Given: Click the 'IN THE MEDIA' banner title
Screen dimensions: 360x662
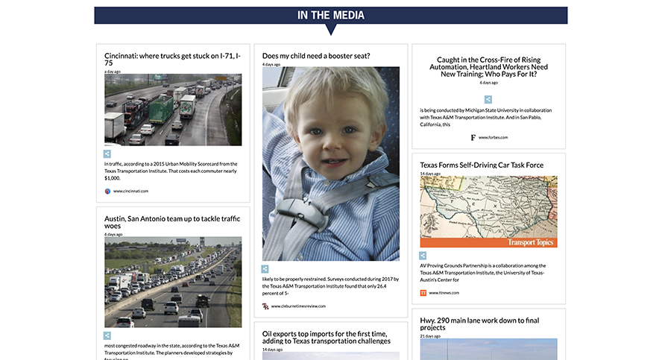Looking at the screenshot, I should [330, 15].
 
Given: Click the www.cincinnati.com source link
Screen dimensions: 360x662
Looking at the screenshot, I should [130, 192].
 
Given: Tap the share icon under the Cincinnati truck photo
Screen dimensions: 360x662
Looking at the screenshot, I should [107, 154].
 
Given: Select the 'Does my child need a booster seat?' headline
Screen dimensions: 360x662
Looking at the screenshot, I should [316, 56].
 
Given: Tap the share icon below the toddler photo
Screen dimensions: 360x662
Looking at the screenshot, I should [265, 268].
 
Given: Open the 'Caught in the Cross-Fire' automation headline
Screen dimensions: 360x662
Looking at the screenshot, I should [488, 67].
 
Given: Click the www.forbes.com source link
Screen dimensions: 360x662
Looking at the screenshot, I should [493, 138].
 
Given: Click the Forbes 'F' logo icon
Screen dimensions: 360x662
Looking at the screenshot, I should [473, 138].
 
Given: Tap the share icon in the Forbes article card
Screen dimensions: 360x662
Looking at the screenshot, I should [488, 99].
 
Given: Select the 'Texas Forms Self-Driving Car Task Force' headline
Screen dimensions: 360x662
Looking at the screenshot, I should [482, 165].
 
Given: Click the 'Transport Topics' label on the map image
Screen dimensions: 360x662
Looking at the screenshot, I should [532, 242].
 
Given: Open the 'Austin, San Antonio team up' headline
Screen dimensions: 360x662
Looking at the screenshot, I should [172, 222].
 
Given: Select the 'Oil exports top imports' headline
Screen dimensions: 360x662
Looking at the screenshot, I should [327, 336].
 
